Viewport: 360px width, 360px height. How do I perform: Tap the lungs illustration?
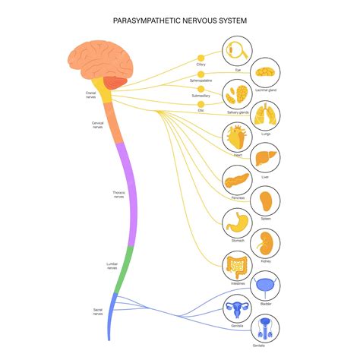266,115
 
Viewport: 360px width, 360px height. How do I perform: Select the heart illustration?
236,138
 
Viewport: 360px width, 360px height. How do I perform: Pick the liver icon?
266,158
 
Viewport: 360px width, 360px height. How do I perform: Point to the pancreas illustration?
236,182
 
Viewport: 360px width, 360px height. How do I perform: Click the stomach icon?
236,223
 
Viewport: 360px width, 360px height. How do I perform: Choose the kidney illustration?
266,243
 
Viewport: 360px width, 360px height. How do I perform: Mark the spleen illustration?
266,201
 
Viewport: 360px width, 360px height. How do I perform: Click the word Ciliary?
201,65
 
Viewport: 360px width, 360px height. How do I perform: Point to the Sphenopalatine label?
201,80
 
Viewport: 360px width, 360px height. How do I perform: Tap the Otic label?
201,110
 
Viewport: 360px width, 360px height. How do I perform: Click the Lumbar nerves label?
112,266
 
